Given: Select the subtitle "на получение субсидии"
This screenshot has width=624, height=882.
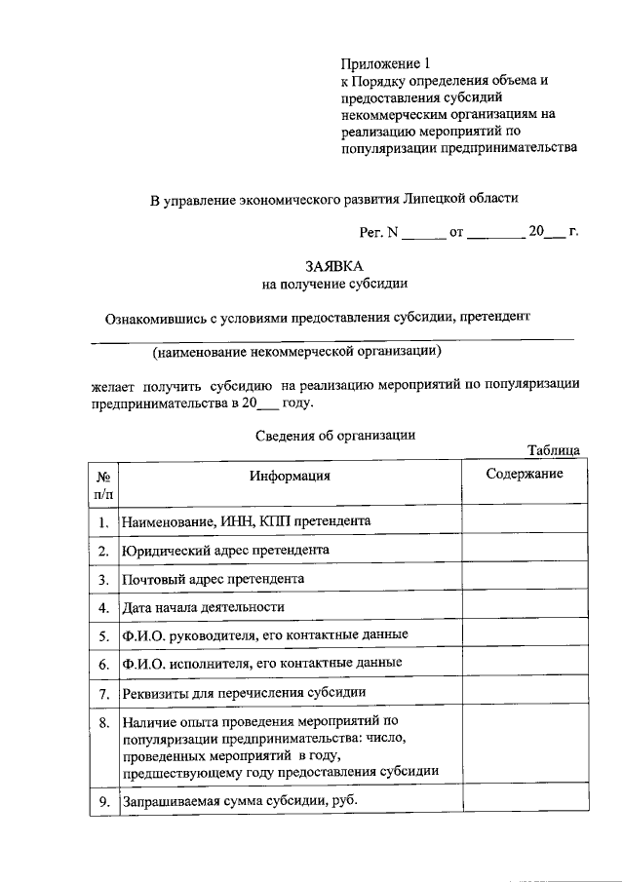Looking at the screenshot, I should point(334,284).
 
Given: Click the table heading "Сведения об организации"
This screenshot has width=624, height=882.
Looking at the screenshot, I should point(335,436).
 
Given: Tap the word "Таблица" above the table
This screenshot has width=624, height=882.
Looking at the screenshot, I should point(554,450).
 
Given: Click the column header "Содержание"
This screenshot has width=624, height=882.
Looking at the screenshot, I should point(525,474).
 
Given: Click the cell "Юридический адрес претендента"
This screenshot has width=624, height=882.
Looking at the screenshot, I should point(225,550).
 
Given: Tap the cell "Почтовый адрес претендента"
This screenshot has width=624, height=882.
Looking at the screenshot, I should point(214,578).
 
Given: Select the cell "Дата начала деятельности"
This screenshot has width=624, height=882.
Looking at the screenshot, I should point(204,607).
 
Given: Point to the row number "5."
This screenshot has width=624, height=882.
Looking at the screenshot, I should point(103,635).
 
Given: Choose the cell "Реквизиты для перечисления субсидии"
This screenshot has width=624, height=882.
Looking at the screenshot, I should point(244,693).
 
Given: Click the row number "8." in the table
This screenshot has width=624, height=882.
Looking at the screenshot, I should point(103,723).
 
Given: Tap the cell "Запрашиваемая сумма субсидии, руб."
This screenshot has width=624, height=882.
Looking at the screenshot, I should point(240,801).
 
